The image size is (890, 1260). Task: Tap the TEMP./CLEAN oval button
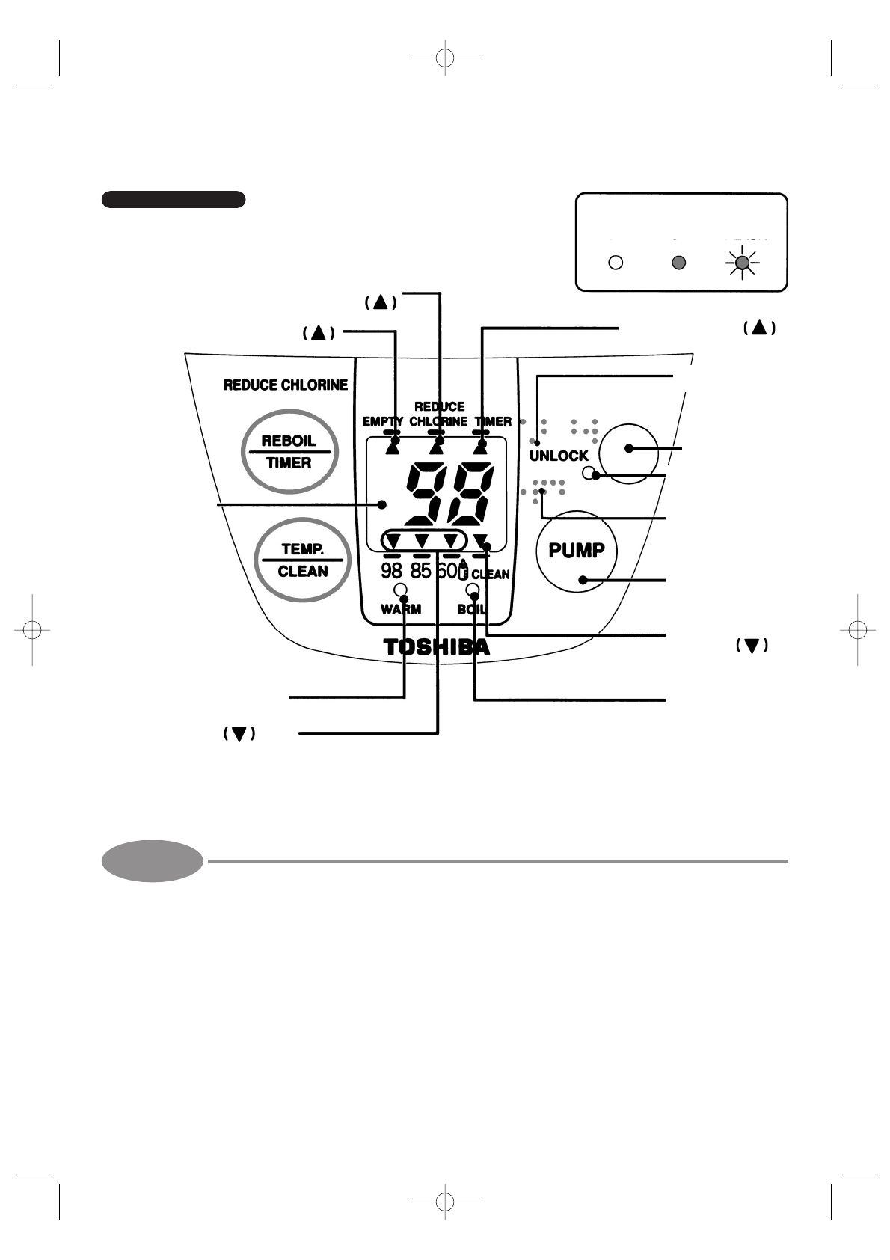pos(302,560)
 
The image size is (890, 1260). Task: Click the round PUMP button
pos(577,551)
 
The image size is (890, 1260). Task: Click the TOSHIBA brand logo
pos(437,647)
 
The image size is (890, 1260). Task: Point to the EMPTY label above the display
pos(382,422)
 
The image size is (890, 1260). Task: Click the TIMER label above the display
pos(492,422)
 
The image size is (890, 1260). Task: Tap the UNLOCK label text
pos(559,456)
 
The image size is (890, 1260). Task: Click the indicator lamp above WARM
pos(400,589)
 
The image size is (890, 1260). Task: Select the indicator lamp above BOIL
pos(472,589)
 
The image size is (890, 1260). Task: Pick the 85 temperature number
pos(421,572)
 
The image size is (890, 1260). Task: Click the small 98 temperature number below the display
pos(391,572)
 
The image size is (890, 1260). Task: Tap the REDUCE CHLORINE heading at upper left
pos(286,385)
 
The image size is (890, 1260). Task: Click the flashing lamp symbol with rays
pos(741,263)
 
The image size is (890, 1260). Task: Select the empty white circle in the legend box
pos(616,263)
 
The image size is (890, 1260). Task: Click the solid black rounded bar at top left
pos(174,199)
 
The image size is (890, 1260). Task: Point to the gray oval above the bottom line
pos(153,860)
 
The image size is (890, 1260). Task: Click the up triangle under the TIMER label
pos(480,447)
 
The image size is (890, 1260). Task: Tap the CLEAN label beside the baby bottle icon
pos(491,575)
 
